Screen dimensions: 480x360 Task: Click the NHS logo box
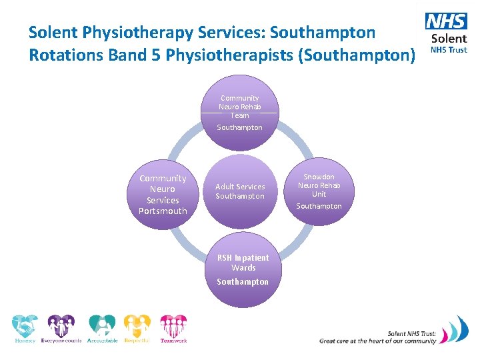tap(447, 21)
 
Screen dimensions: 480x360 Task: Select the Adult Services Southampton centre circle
tap(240, 191)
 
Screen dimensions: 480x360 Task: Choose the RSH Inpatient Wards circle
tap(243, 269)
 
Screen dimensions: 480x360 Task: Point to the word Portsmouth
tap(163, 211)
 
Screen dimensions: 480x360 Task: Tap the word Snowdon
tap(319, 177)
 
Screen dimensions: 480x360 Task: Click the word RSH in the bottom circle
tap(224, 258)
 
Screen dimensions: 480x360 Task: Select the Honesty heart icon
tap(25, 327)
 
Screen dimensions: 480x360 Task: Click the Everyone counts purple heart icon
tap(61, 327)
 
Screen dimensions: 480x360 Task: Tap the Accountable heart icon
tap(102, 327)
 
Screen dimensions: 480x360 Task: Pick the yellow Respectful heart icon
tap(137, 327)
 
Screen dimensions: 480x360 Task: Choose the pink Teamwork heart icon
tap(173, 327)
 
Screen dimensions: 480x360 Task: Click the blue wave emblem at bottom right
tap(456, 330)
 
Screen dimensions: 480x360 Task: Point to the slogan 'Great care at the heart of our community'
tap(377, 341)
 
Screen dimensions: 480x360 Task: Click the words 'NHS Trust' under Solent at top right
tap(448, 50)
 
